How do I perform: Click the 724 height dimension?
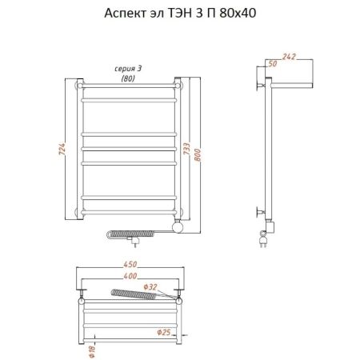coord(62,149)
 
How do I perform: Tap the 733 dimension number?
coord(186,149)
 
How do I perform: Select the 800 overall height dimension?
coord(198,155)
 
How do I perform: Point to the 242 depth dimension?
coord(289,57)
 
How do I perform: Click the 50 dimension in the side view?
coord(273,64)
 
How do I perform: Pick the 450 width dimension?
coord(130,264)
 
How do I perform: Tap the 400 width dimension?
coord(130,276)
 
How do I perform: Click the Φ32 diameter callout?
coord(150,287)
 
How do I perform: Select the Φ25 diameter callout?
coord(163,332)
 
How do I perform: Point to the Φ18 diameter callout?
coord(92,351)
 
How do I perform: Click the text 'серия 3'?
coord(128,69)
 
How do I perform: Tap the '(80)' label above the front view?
coord(128,78)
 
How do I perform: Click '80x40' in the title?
coord(238,13)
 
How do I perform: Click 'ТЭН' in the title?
coord(179,13)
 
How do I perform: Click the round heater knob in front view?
coord(178,227)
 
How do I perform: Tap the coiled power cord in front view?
coord(130,234)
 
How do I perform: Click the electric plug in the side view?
coord(263,239)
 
